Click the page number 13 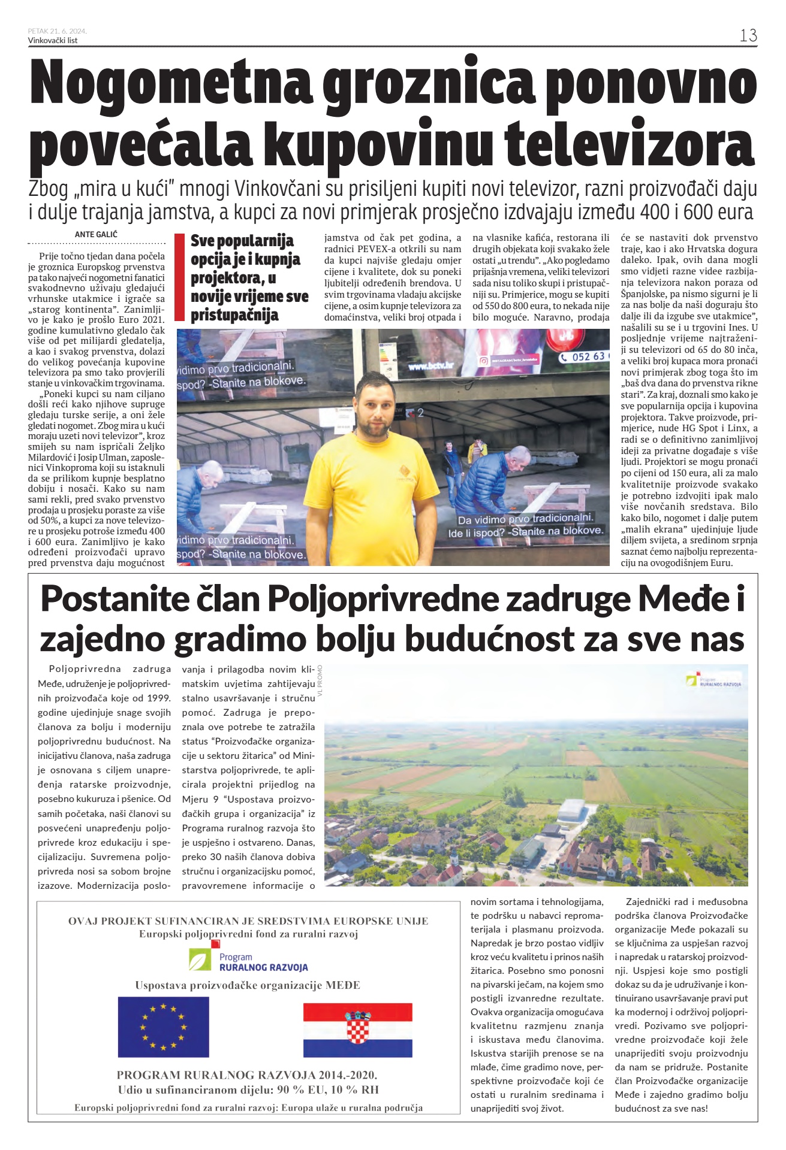pos(748,35)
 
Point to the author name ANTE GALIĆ pos(97,234)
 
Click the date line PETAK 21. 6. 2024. pos(57,31)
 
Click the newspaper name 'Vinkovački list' pos(53,40)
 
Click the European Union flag pos(163,1027)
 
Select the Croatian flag pos(357,1030)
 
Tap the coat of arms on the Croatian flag pos(357,1027)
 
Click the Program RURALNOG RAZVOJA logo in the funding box pos(248,961)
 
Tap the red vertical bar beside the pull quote pos(179,278)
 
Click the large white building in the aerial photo pos(573,810)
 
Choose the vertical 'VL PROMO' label pos(320,680)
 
